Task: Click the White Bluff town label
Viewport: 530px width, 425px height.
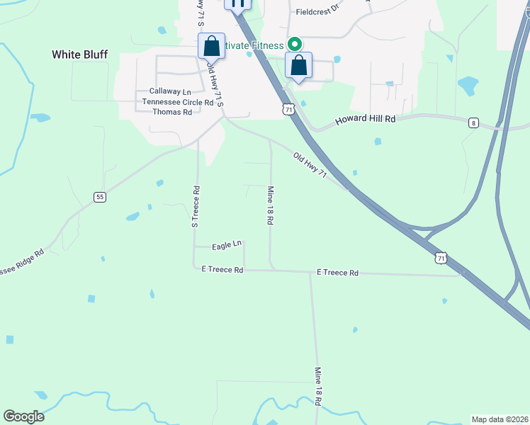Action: [79, 55]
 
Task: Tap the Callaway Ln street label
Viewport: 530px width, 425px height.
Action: [170, 92]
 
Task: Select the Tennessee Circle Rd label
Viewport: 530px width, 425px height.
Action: [178, 102]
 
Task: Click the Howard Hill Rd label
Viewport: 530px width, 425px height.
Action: [365, 119]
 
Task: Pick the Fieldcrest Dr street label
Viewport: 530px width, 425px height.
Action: [318, 12]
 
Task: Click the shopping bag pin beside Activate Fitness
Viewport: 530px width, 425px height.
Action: [298, 67]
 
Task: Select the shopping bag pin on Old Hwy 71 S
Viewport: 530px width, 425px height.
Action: [211, 47]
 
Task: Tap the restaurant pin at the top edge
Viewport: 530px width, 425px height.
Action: [238, 4]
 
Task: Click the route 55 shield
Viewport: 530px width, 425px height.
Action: [100, 197]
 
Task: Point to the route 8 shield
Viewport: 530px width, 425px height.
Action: [473, 123]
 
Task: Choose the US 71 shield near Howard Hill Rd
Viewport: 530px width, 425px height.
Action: [288, 109]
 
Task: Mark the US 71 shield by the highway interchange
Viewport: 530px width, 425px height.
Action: [441, 259]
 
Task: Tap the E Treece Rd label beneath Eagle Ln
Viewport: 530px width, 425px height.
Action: [222, 270]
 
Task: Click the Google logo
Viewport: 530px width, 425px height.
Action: [23, 416]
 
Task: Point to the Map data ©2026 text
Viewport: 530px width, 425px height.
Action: [500, 419]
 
